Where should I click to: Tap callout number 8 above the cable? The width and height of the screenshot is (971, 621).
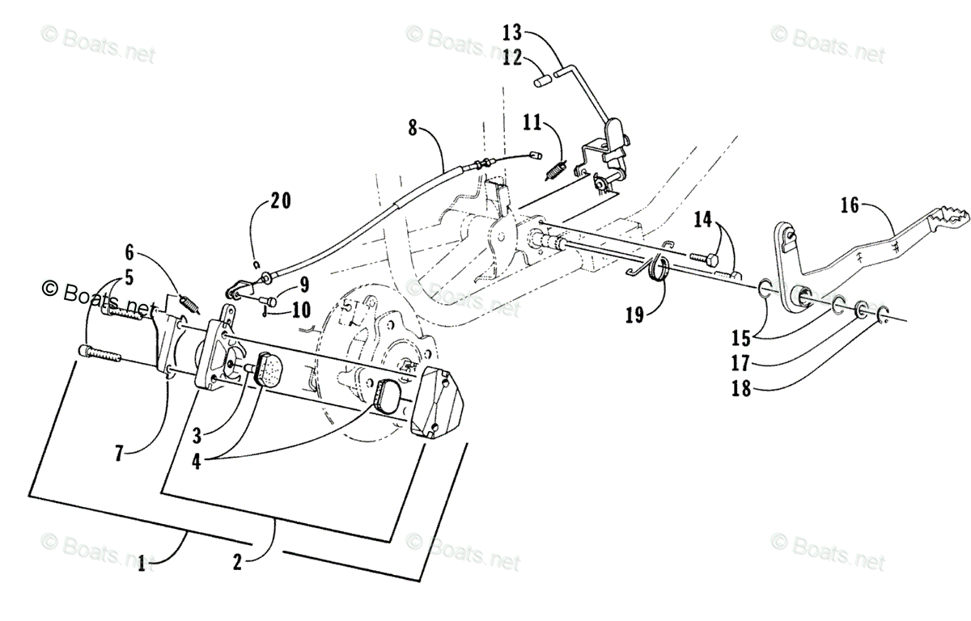coord(413,128)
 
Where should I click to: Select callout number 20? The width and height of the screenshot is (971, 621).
coord(281,201)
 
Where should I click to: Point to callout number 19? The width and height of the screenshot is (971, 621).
coord(634,313)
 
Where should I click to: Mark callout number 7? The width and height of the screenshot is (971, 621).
coord(119,452)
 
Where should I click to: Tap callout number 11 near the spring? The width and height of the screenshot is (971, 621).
coord(531,123)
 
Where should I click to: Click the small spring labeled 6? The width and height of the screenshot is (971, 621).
coord(189,303)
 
